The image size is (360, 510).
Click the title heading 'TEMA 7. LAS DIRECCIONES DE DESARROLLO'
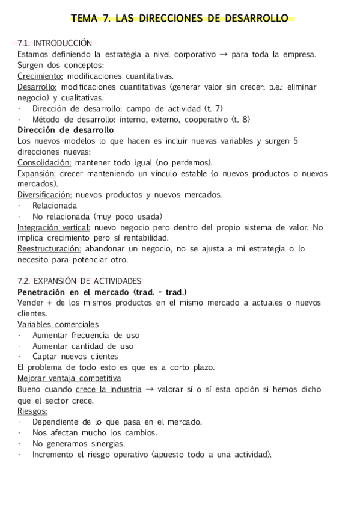pos(180,19)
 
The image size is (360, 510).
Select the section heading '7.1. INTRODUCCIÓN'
pos(55,43)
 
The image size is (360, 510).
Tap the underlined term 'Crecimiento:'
pos(40,76)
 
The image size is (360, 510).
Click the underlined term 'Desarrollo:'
pos(37,87)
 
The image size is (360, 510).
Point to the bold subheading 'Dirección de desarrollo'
pos(66,130)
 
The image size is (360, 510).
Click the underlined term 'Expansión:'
pos(37,173)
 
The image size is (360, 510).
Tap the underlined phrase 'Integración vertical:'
pos(54,227)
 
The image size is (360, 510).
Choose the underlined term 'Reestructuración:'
pos(49,249)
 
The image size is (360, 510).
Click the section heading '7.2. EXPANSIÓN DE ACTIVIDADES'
pos(80,281)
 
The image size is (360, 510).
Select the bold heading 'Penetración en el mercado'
pos(75,292)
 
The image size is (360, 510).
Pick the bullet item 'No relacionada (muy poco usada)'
pos(97,217)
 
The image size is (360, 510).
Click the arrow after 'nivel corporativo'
pos(223,54)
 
